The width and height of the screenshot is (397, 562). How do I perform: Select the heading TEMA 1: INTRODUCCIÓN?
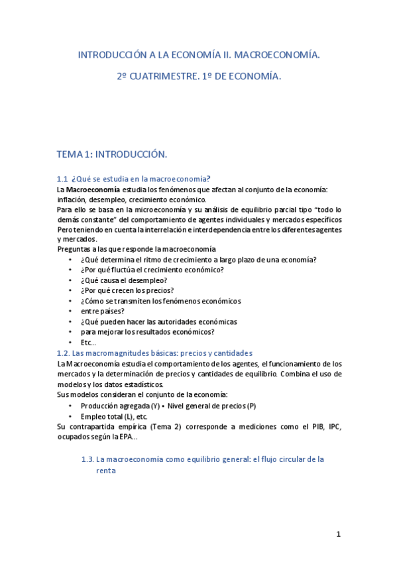click(x=111, y=154)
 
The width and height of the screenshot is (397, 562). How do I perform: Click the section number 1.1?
click(x=63, y=178)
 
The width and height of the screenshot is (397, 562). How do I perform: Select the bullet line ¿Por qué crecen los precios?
click(x=127, y=290)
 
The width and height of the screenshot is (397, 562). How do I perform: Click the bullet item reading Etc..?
click(x=88, y=342)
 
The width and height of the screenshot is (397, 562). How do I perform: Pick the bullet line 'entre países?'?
click(x=102, y=311)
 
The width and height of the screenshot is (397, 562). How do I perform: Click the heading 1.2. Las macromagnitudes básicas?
click(x=154, y=353)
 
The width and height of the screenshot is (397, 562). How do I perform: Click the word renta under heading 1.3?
click(x=106, y=471)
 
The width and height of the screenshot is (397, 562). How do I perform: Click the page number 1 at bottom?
click(x=338, y=534)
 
